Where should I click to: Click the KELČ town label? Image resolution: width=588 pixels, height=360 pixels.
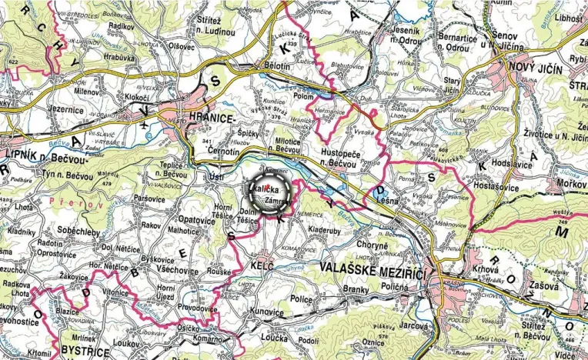[x=262, y=265]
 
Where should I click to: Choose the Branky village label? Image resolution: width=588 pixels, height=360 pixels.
[x=356, y=290]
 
